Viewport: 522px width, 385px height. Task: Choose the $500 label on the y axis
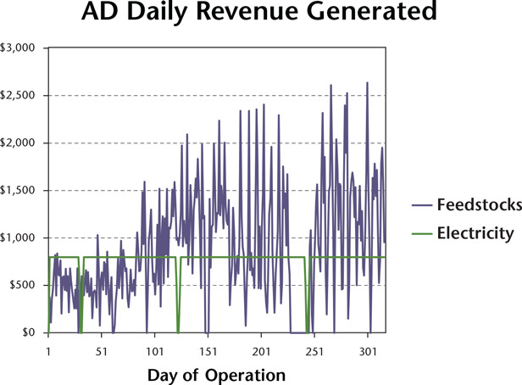point(21,285)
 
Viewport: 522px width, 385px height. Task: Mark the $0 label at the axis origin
point(27,332)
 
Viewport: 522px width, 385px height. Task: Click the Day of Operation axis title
point(216,374)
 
